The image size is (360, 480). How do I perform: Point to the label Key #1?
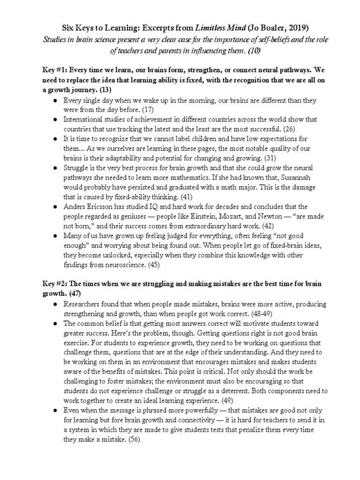point(56,70)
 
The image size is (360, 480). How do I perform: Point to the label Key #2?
point(56,284)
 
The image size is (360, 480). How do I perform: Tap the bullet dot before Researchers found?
point(55,304)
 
